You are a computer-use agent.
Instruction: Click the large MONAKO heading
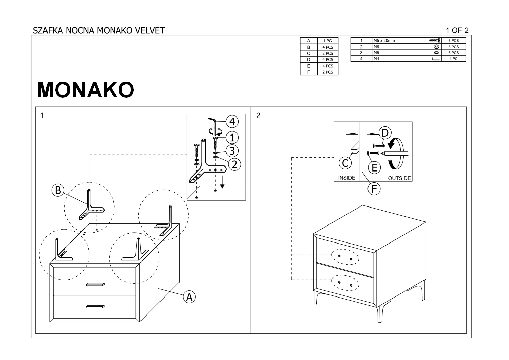click(x=85, y=90)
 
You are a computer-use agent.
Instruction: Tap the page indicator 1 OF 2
click(x=457, y=30)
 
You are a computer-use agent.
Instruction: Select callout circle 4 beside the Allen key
click(x=232, y=121)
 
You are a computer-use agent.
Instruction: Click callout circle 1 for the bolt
click(x=232, y=138)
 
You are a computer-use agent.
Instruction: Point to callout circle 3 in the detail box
click(x=232, y=150)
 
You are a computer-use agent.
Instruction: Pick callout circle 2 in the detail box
click(x=234, y=164)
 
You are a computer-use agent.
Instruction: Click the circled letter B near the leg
click(x=58, y=190)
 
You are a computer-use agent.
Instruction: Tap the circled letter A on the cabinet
click(x=189, y=296)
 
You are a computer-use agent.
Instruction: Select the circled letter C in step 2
click(x=345, y=163)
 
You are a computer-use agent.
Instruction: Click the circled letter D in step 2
click(x=385, y=133)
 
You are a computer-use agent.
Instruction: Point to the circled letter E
click(x=375, y=167)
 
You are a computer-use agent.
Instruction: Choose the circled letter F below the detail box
click(x=374, y=189)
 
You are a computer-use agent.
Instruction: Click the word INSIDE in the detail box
click(x=346, y=178)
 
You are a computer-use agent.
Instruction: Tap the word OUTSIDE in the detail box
click(x=399, y=178)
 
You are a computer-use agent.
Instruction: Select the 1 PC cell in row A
click(x=327, y=41)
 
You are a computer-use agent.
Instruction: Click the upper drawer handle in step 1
click(x=95, y=284)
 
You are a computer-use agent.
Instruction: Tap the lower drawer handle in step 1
click(x=95, y=307)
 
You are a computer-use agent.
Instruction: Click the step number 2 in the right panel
click(x=258, y=115)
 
